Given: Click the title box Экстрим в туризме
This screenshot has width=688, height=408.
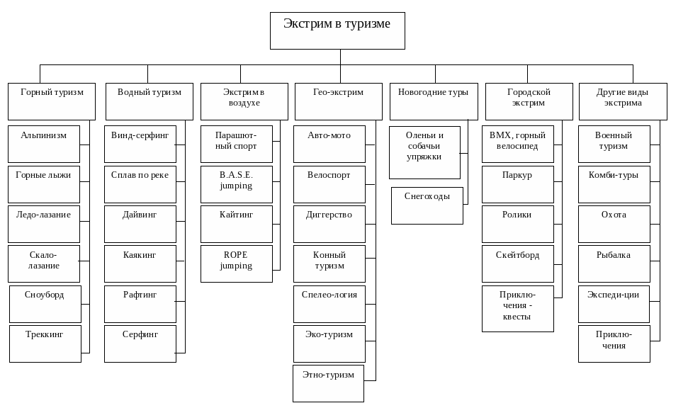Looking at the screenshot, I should [x=337, y=30].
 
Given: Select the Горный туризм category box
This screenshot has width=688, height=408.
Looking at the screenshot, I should [x=52, y=101].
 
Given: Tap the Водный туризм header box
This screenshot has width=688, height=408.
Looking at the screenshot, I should [x=150, y=101].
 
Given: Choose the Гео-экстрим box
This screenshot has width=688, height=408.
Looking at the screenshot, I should [x=339, y=101].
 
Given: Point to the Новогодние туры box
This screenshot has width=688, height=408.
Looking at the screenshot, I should [x=434, y=101].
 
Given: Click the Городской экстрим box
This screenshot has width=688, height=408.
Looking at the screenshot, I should [x=529, y=101].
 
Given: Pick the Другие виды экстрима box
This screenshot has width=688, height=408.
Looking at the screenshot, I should [x=623, y=101].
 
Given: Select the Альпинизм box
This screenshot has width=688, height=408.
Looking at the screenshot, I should [x=44, y=144].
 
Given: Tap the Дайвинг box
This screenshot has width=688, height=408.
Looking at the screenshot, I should [x=140, y=224].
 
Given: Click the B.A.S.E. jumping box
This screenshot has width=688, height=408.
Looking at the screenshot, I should [x=237, y=184].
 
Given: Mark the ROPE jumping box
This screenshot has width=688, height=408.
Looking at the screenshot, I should [x=237, y=263].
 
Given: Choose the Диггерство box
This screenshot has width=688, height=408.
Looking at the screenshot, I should [x=329, y=224].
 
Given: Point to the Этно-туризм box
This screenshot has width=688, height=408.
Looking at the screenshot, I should [x=329, y=383].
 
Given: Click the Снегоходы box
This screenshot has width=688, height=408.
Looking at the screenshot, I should [x=427, y=205].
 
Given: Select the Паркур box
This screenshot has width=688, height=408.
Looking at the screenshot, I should [x=518, y=184].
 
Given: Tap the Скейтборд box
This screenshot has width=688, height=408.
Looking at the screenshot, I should [x=518, y=263].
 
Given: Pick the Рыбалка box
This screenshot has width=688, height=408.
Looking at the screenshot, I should [x=614, y=263].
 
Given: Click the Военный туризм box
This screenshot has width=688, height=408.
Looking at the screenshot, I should [x=614, y=144].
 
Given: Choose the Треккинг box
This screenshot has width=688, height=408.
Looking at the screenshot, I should [x=45, y=344].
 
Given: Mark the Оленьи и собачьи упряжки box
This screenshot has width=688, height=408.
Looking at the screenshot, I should [x=425, y=152].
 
